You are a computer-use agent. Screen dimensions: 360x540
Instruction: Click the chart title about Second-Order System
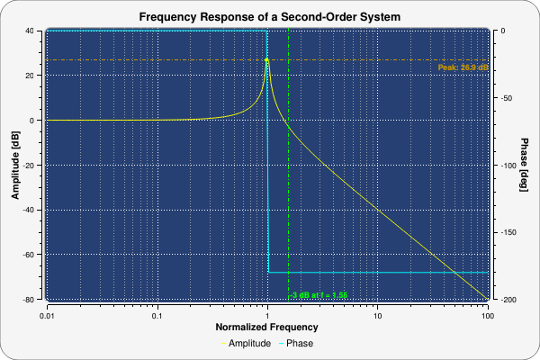tap(270, 17)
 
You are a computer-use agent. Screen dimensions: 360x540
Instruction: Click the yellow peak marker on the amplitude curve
tap(267, 60)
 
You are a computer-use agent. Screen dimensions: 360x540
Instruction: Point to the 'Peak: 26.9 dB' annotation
tap(463, 67)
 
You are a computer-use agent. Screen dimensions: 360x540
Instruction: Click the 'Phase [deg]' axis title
tap(525, 165)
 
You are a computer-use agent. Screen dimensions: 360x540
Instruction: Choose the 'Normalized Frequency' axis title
tap(267, 328)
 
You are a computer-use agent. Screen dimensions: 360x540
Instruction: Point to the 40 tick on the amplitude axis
tap(30, 31)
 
